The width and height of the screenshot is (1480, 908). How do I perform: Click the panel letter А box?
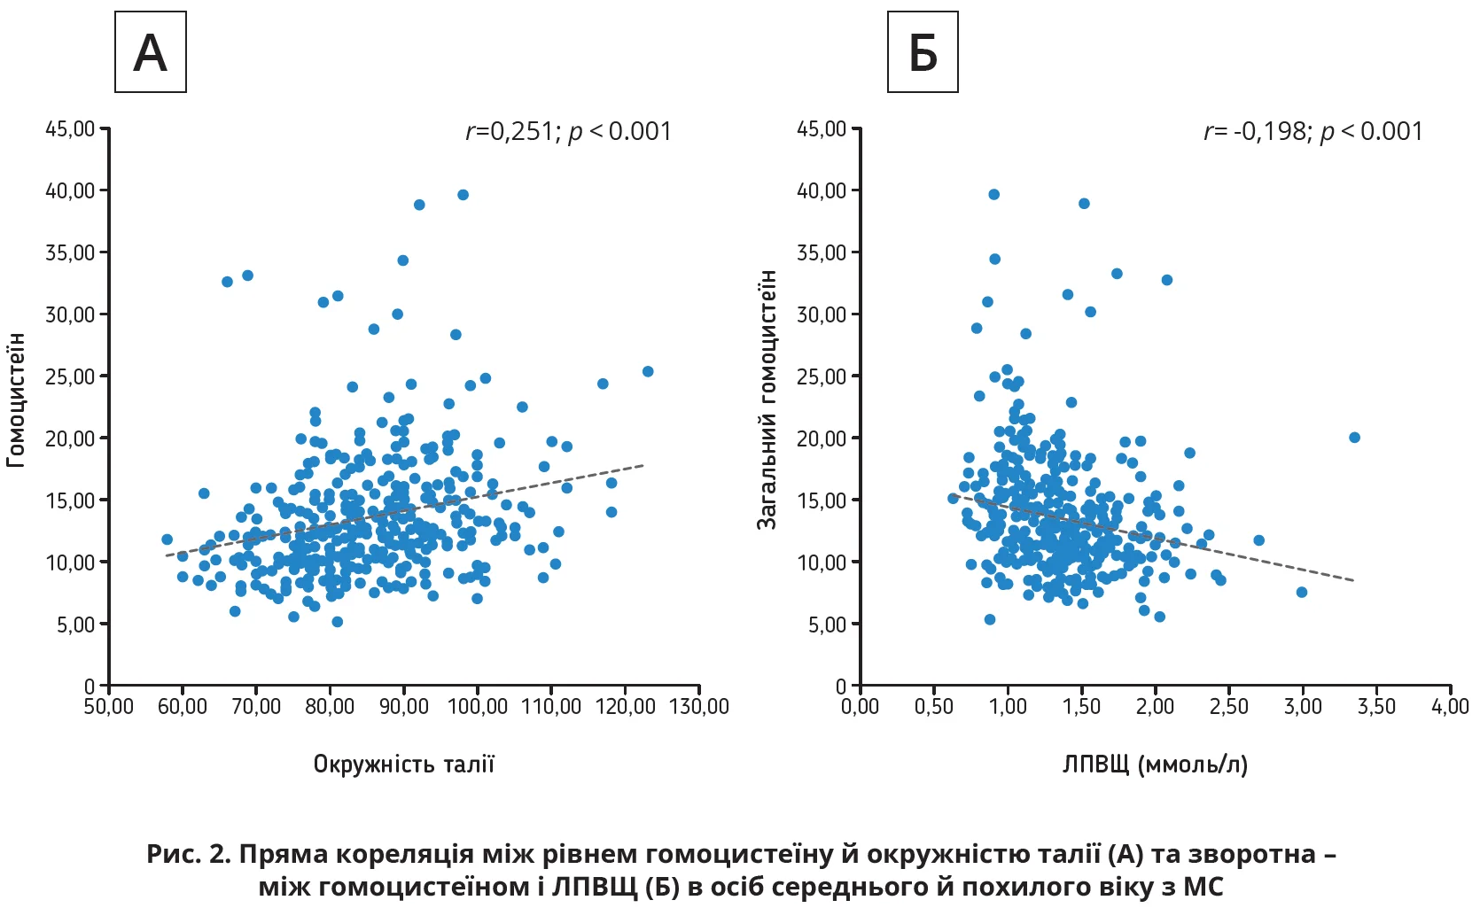coord(151,52)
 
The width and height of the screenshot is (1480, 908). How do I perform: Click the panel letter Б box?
coord(923,52)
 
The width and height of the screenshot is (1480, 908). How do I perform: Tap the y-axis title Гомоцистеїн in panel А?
coord(16,400)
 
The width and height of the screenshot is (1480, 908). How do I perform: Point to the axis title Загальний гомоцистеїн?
coord(767,400)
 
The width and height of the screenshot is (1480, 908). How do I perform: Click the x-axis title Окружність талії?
coord(404,764)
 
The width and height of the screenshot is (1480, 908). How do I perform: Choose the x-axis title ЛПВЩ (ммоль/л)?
coord(1155,764)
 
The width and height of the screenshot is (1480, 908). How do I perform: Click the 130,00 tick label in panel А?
coord(699,707)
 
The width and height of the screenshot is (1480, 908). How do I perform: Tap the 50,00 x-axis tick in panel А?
coord(109,707)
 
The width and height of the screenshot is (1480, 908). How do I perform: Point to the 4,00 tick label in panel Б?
coord(1450,707)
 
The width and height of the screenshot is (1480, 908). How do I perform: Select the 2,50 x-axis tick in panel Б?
coord(1228,707)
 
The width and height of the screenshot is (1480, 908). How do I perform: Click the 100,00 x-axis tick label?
coord(478,707)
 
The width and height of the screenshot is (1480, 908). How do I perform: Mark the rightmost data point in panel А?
coord(648,372)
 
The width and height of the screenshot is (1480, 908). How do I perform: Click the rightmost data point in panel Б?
coord(1354,438)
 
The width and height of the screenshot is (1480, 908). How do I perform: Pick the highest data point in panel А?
coord(463,195)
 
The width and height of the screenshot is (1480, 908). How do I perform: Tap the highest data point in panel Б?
coord(994,195)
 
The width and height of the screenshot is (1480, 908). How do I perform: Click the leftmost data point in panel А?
coord(167,539)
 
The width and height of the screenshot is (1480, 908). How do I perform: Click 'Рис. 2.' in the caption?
coord(188,854)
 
